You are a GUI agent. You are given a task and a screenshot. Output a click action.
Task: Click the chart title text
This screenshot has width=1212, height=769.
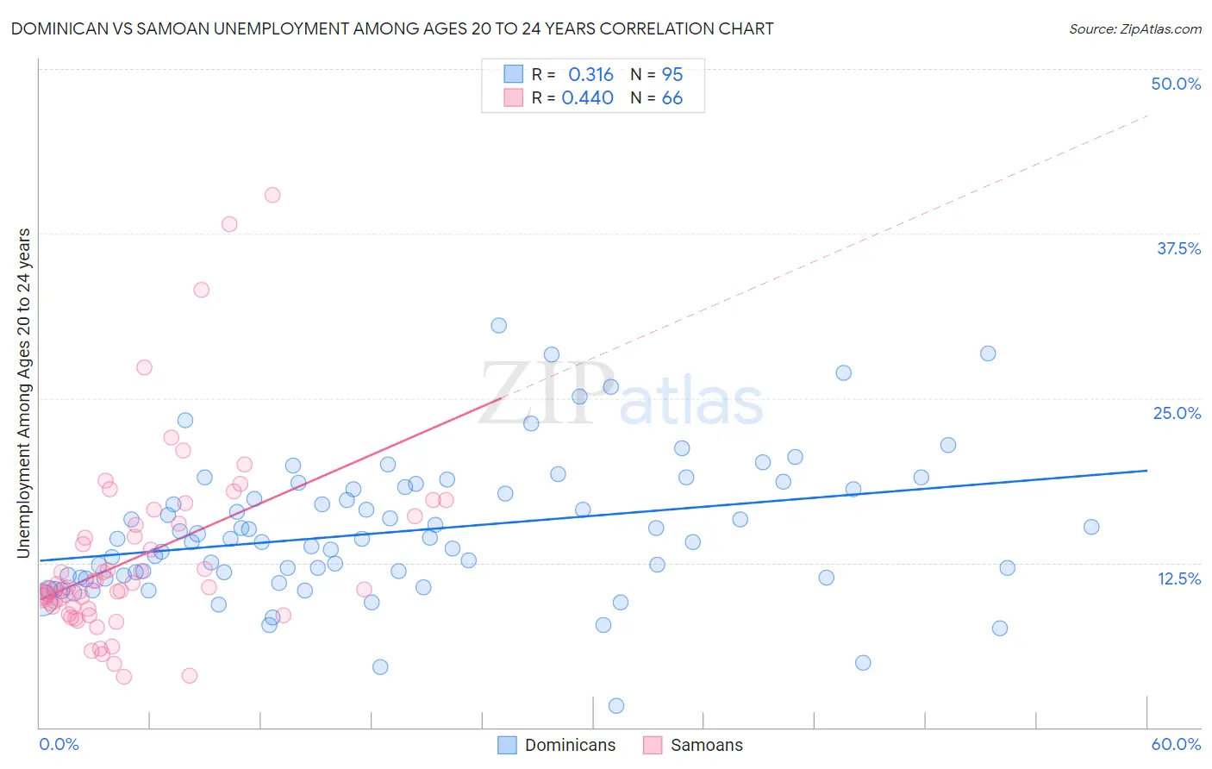(391, 28)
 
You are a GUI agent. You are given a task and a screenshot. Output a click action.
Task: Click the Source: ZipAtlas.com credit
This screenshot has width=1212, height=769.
(1134, 28)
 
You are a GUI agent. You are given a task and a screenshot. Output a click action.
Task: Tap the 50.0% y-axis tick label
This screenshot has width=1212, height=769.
(1176, 84)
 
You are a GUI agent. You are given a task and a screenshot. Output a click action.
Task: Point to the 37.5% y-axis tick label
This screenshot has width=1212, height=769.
(1178, 248)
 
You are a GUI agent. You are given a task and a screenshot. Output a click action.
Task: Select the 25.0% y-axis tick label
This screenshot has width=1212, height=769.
(1177, 413)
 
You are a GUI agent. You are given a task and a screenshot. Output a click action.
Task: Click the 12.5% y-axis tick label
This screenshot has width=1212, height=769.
(1178, 578)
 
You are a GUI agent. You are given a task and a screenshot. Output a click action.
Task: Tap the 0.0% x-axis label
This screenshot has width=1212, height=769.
(59, 744)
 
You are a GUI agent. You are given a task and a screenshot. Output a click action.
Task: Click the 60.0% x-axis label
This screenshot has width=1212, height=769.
(1176, 744)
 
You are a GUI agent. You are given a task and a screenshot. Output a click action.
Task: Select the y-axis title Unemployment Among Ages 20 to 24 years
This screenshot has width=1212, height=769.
(24, 393)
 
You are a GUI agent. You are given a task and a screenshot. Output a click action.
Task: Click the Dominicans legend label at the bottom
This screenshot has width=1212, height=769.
(570, 745)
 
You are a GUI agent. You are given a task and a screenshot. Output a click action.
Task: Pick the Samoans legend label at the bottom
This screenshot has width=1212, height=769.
(706, 745)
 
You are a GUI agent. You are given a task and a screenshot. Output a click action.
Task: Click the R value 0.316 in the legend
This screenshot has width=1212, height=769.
(590, 75)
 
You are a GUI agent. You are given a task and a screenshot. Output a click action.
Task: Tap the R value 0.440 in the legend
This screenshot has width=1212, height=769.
(587, 98)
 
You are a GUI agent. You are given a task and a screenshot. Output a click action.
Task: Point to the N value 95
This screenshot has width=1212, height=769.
(672, 75)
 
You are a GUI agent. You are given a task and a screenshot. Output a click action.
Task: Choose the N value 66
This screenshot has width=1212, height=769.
(672, 98)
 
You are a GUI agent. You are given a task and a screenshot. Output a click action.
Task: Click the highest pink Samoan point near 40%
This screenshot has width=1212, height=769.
(272, 195)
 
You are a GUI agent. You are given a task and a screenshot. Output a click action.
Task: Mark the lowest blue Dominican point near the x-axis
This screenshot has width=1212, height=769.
(616, 706)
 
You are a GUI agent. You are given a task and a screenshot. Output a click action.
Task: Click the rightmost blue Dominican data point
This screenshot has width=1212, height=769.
(1091, 527)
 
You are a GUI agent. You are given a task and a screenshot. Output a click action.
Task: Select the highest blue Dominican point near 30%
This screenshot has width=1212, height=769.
(498, 325)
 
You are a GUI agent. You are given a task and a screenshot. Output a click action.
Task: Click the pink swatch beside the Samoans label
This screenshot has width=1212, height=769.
(653, 745)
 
